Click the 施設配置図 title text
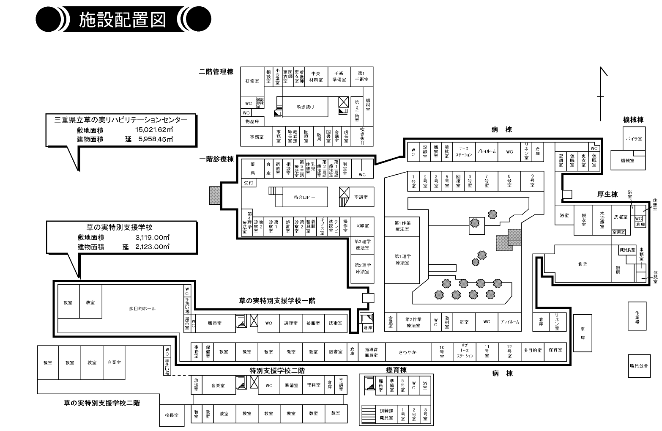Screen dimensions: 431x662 [122, 20]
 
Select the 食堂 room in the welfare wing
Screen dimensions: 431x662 [583, 264]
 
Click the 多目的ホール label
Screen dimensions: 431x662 [142, 308]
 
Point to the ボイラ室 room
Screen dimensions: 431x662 [634, 139]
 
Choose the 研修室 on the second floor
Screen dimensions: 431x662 [252, 81]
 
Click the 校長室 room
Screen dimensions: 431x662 [172, 415]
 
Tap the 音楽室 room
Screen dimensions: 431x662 [218, 385]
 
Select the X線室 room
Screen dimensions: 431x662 [362, 226]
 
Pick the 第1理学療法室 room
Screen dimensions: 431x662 [402, 259]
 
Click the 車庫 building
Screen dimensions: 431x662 [583, 333]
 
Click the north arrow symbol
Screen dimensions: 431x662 [601, 95]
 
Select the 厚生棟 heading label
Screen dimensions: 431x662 [607, 194]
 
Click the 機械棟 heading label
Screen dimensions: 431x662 [633, 120]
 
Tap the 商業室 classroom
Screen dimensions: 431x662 [114, 362]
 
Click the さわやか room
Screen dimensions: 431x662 [408, 352]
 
